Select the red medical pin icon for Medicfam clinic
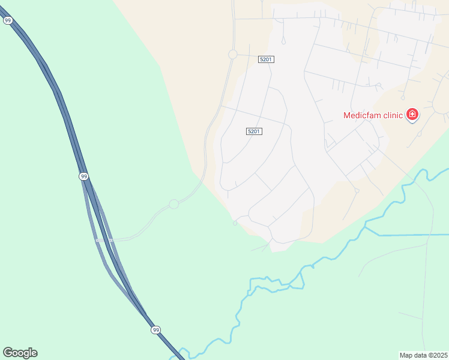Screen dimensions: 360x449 (x=412, y=114)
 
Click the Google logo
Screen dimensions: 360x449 (x=20, y=353)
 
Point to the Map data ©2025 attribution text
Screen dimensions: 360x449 (x=424, y=355)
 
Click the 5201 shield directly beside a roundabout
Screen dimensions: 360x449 (x=266, y=59)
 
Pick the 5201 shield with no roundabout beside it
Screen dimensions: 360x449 (x=254, y=131)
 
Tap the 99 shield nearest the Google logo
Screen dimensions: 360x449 (x=155, y=330)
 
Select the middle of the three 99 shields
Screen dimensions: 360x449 (x=83, y=176)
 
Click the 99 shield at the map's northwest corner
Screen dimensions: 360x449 (x=8, y=20)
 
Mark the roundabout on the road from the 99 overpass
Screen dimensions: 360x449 (x=174, y=204)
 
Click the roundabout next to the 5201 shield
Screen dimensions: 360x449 (x=233, y=55)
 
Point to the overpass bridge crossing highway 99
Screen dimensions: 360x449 (x=104, y=240)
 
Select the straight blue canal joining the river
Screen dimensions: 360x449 (x=408, y=235)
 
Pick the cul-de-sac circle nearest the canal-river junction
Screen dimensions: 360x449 (x=357, y=191)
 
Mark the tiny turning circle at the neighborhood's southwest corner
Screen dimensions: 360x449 (x=235, y=223)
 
